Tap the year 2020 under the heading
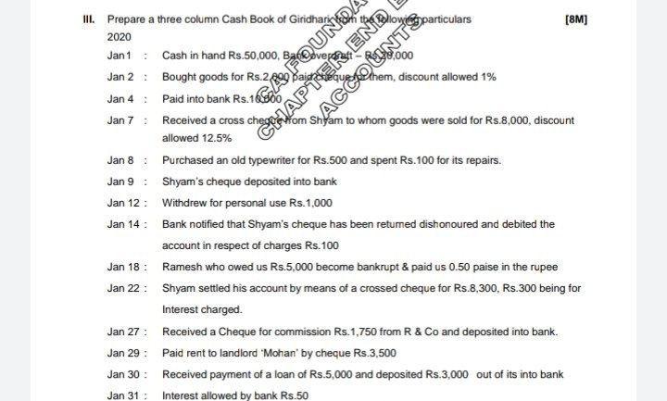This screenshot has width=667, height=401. (119, 36)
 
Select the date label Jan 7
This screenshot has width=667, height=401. (120, 120)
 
